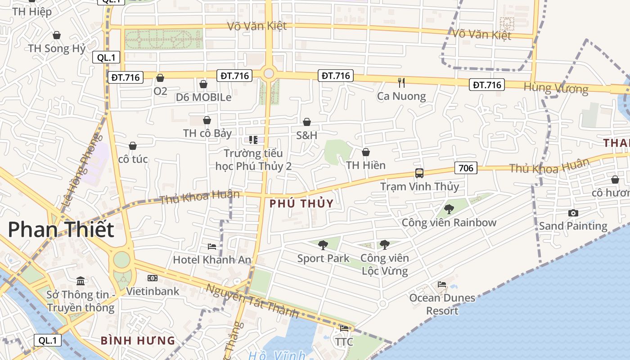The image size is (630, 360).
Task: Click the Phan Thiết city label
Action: point(61,229)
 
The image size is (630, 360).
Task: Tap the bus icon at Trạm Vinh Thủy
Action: point(419,173)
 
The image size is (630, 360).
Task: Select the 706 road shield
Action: point(465,168)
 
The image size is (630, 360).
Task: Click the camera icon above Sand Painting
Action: point(573,213)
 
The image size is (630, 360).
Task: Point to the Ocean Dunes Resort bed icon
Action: point(442,284)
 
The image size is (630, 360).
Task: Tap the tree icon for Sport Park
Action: point(323,245)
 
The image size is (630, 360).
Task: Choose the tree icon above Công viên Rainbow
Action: point(449,209)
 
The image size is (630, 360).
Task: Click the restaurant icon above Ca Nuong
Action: point(401,82)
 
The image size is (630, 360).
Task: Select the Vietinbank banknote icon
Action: point(153,278)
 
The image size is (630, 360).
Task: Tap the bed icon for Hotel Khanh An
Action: point(212,247)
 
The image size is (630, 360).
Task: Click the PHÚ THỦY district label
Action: point(301,203)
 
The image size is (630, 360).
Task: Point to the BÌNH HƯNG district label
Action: point(138,340)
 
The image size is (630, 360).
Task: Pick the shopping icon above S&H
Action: point(307,122)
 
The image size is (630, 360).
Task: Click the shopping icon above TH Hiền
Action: point(366,152)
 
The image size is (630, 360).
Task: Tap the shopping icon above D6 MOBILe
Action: point(203,84)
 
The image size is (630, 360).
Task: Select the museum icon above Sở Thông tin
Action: point(81,281)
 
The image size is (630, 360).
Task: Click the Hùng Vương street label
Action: point(556,88)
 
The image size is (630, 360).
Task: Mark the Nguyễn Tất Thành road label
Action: point(252,301)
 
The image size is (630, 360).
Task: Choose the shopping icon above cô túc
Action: point(133,146)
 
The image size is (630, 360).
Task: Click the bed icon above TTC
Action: point(344,328)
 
